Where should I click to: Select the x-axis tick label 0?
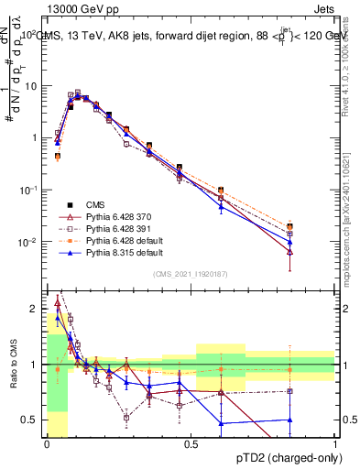[47, 444]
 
